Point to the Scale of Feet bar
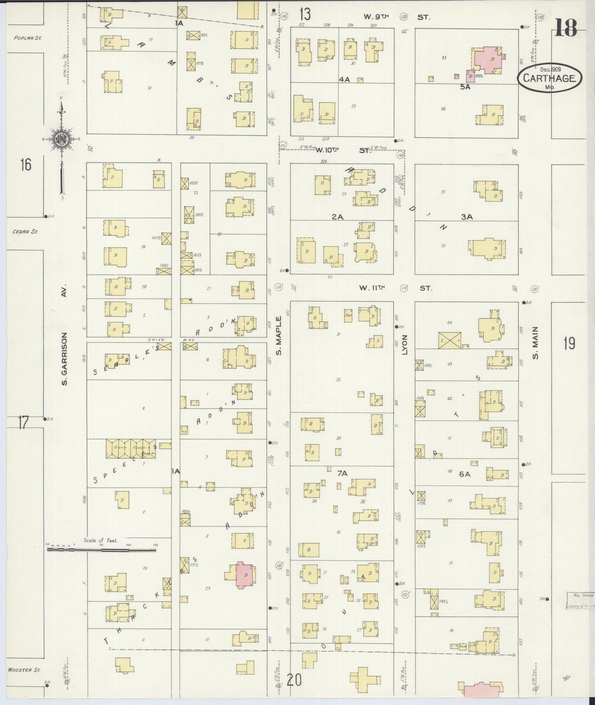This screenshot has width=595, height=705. tap(103, 548)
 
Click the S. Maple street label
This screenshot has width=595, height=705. tap(279, 335)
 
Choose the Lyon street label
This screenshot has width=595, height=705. tap(404, 346)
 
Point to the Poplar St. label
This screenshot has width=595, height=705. tap(28, 38)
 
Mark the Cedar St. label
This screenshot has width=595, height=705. tap(25, 232)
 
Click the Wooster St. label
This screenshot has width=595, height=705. tap(24, 670)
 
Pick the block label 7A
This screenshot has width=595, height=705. tap(342, 473)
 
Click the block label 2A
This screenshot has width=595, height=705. tap(338, 216)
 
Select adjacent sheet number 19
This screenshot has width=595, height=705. tap(569, 343)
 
